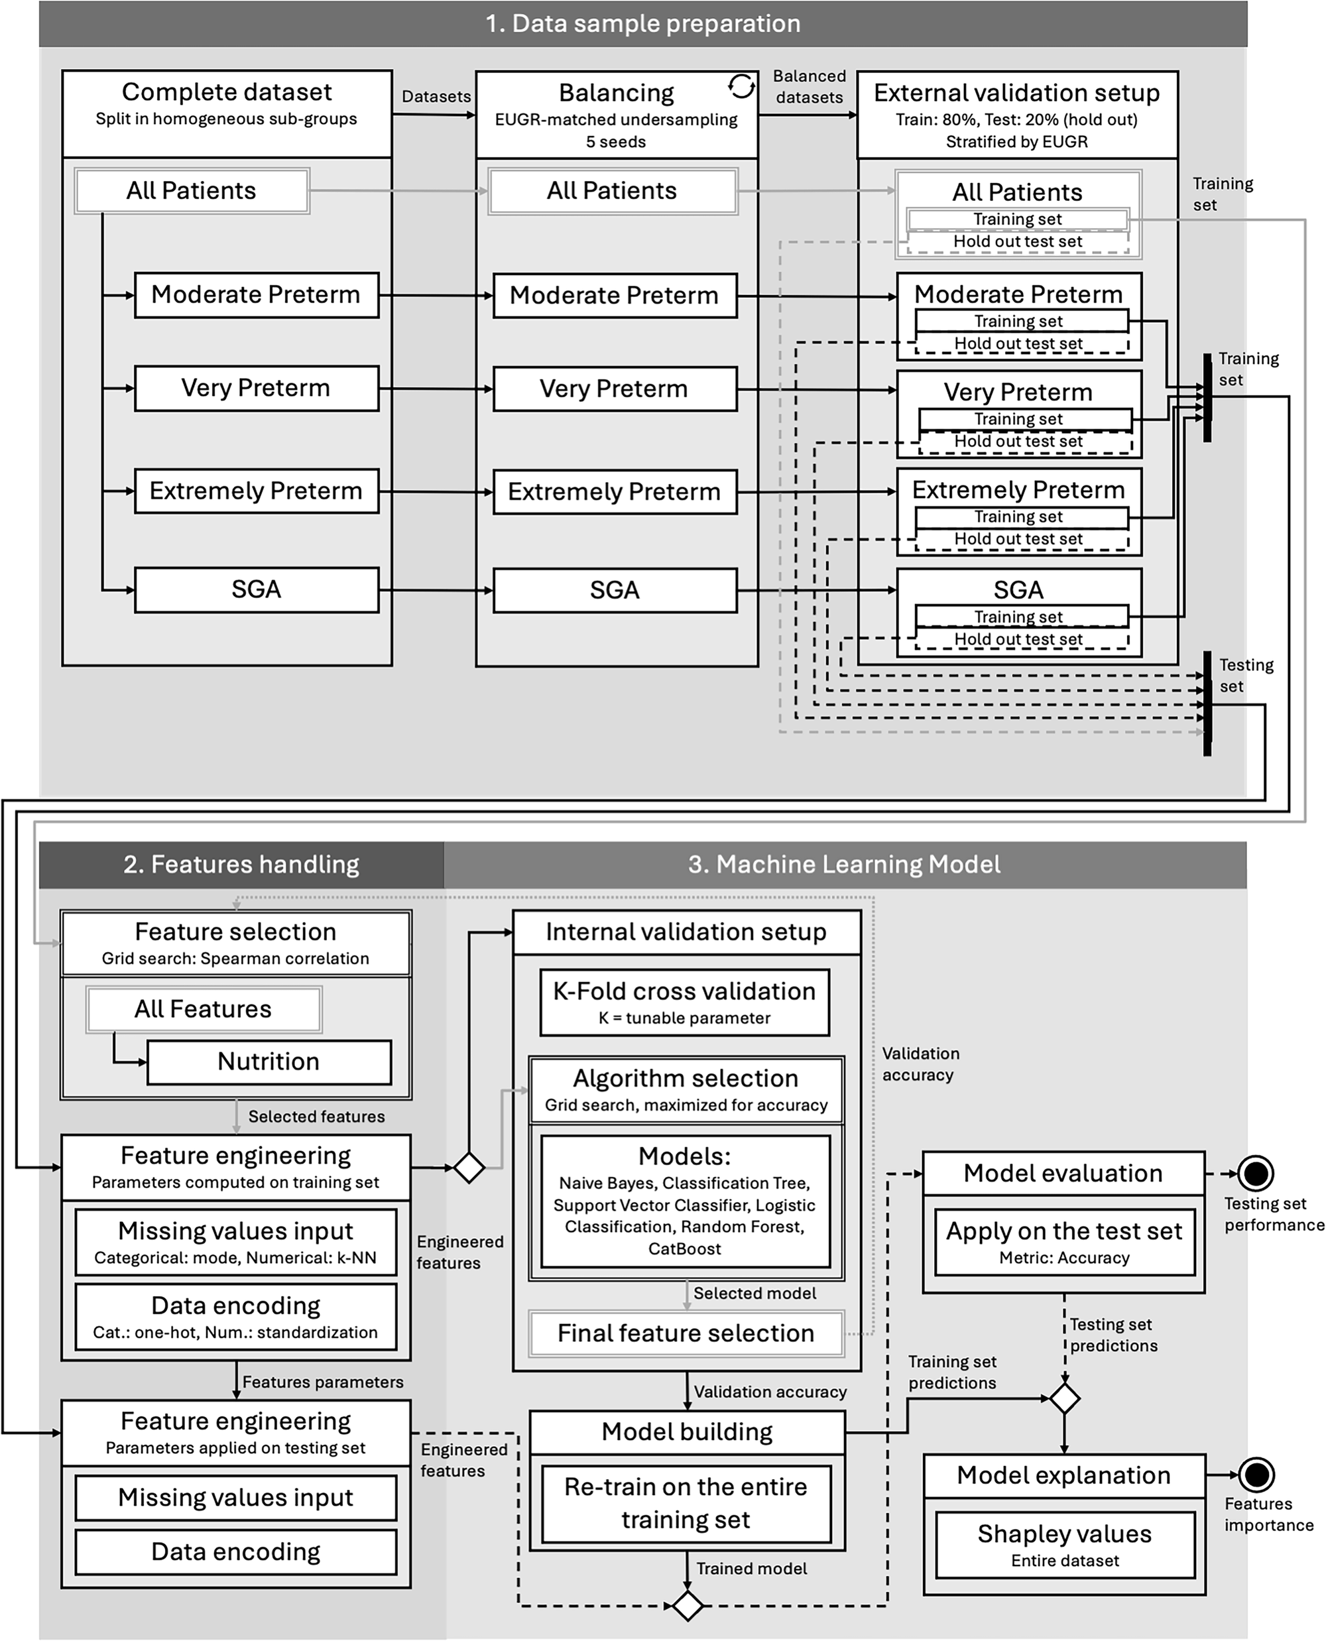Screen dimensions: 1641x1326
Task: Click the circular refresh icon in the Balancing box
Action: click(741, 86)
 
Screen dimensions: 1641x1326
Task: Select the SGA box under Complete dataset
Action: click(257, 590)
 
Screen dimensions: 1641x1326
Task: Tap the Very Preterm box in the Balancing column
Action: click(615, 389)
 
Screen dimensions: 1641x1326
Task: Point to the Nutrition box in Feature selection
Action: click(269, 1062)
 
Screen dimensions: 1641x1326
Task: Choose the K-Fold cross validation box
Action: click(684, 1003)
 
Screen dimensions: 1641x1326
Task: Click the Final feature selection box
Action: click(686, 1334)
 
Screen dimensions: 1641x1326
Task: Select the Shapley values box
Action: click(1065, 1545)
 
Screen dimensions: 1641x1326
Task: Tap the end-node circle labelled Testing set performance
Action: click(1256, 1174)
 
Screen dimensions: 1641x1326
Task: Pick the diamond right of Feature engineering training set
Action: click(469, 1168)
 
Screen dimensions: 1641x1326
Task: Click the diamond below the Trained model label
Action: click(688, 1605)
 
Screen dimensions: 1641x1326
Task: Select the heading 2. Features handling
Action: click(241, 865)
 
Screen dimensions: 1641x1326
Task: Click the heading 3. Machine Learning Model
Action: click(844, 865)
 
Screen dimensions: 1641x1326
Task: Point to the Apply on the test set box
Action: click(1064, 1241)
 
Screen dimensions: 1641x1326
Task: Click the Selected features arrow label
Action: click(316, 1117)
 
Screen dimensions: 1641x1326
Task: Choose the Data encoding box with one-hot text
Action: click(235, 1317)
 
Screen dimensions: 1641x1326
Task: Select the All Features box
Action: click(203, 1009)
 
